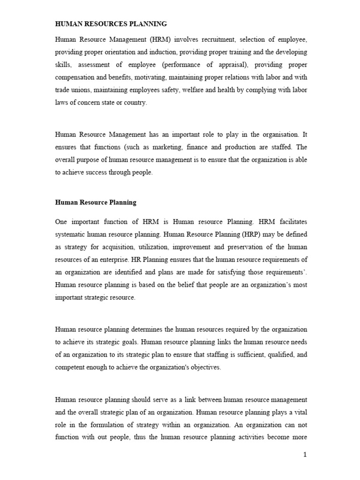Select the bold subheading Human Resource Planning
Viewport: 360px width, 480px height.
[x=96, y=202]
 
